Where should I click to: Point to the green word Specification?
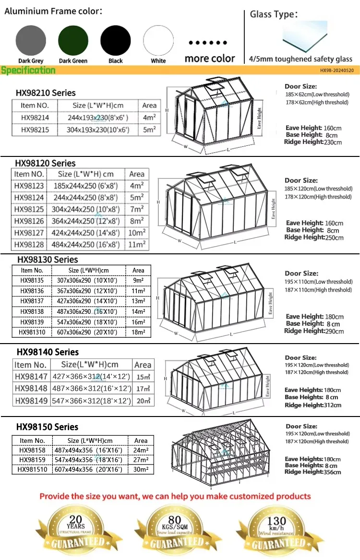pos(28,71)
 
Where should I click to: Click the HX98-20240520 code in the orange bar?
pos(336,71)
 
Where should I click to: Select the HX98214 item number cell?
pos(35,117)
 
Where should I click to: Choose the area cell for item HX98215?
pos(149,130)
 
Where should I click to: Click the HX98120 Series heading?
pos(46,163)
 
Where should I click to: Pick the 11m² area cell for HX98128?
pos(136,244)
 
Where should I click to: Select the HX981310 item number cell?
pos(32,332)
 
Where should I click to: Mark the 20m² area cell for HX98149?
pos(143,401)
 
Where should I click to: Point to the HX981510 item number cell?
pos(33,470)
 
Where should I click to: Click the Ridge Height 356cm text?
pos(312,472)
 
